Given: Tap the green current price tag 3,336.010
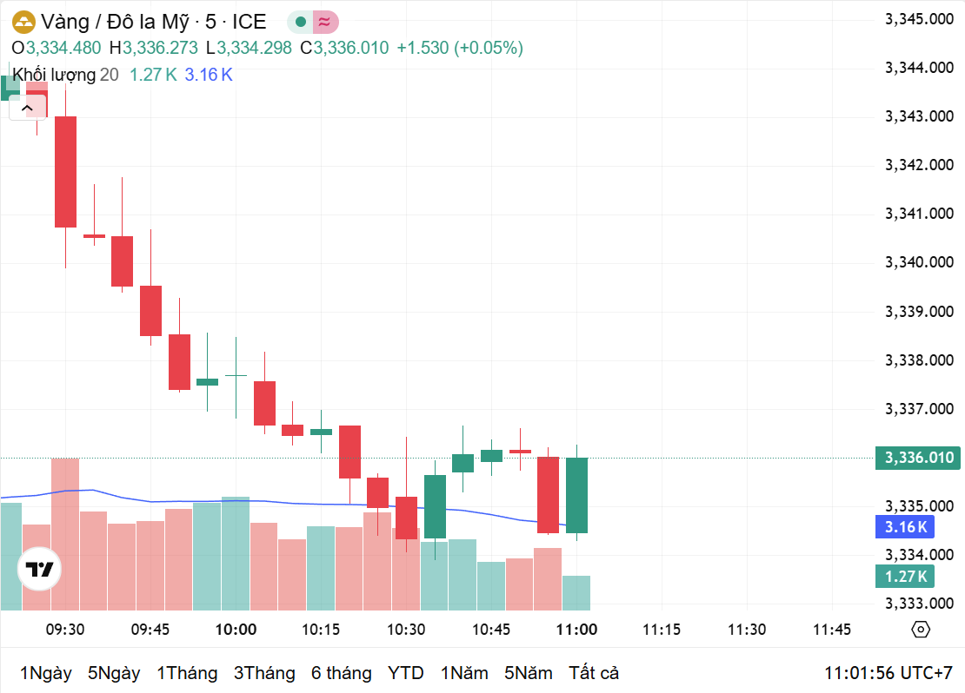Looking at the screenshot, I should click(x=918, y=458).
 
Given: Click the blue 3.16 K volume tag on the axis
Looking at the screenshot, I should click(x=906, y=526).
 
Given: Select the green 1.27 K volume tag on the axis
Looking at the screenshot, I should click(x=906, y=576).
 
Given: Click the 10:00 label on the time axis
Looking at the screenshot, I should click(x=236, y=630).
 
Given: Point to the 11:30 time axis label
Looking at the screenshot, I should click(x=747, y=630).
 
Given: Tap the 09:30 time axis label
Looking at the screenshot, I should click(x=65, y=630).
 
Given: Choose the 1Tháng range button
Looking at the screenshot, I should click(x=187, y=673).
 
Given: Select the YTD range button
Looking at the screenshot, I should click(x=405, y=673).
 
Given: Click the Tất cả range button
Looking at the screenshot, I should click(x=594, y=673).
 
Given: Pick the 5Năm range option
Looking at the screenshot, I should click(x=528, y=673).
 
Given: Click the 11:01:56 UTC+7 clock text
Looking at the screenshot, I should click(x=888, y=673).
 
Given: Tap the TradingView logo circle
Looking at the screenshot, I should click(x=40, y=570).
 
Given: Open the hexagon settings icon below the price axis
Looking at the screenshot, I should click(x=921, y=630).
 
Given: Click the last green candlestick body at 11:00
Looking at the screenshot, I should click(x=576, y=495).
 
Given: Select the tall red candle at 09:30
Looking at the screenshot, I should click(x=65, y=171).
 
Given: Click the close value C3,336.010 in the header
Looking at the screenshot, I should click(x=344, y=48).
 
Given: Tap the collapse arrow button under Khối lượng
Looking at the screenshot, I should click(x=27, y=108).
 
